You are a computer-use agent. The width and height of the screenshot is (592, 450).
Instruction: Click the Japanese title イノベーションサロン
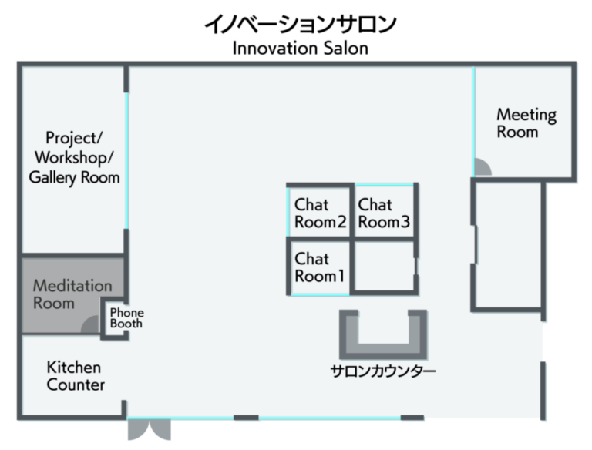tap(300, 23)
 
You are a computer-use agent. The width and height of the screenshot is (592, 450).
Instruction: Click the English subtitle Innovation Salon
tap(300, 49)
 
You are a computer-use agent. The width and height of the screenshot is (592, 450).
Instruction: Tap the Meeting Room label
tap(526, 123)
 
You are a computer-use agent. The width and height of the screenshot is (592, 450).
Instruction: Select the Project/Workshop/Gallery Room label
tap(74, 158)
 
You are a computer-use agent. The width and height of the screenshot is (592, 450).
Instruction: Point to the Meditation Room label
tap(72, 294)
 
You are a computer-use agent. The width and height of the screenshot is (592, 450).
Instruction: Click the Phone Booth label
tap(126, 317)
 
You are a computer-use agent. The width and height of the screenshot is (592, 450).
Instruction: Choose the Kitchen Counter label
tap(76, 376)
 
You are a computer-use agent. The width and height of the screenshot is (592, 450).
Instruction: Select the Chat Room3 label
tap(384, 214)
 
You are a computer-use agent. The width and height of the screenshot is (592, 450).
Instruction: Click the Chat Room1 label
tap(319, 267)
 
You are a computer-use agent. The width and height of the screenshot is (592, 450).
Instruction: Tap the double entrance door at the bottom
tap(148, 428)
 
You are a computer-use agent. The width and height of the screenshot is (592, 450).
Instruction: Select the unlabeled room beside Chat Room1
tap(384, 267)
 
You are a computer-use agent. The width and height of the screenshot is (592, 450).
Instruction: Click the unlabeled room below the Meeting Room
tap(508, 244)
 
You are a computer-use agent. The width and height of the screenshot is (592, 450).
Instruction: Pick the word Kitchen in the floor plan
tap(73, 367)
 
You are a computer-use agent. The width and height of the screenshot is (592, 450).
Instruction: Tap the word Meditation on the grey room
tap(72, 285)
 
